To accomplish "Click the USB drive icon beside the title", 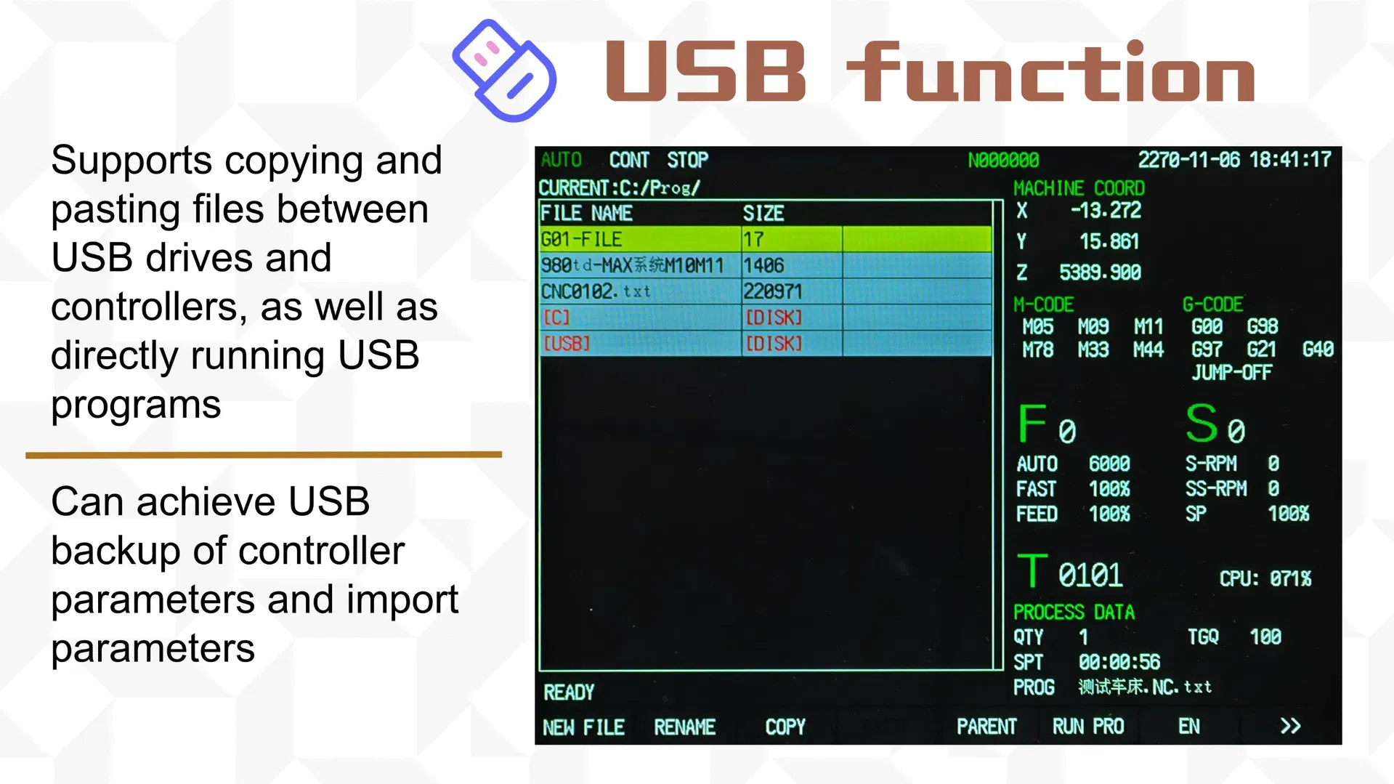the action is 504,70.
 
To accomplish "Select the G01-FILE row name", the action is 581,239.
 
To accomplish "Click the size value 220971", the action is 772,291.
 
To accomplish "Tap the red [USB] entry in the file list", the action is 567,343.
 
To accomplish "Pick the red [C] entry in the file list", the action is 556,318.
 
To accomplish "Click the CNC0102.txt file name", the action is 596,291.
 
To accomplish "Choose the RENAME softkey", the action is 684,727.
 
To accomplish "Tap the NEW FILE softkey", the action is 583,727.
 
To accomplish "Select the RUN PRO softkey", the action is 1088,726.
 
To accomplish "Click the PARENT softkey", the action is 986,726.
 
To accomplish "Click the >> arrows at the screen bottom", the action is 1290,726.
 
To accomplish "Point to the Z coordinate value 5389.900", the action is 1100,272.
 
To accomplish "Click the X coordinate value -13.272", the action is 1106,211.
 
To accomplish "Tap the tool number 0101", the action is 1090,575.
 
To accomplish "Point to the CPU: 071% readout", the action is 1265,578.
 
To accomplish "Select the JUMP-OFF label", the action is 1231,373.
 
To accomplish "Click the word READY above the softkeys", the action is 569,692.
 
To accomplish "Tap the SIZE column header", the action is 763,214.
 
